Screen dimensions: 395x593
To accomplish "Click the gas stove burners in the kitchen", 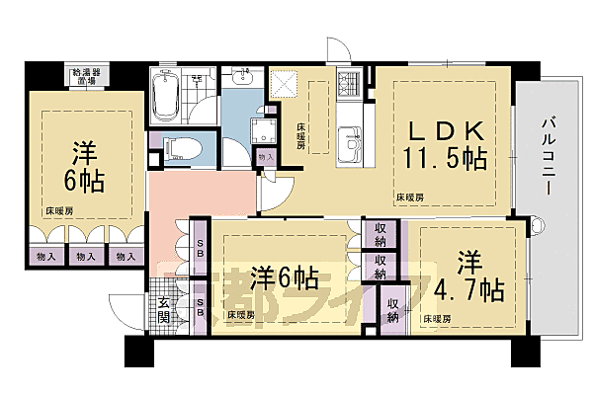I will coord(351,84).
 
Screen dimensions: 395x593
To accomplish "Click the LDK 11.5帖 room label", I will coord(443,143).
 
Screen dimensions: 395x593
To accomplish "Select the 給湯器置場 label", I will coord(85,77).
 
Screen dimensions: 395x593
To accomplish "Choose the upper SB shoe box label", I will coord(200,245).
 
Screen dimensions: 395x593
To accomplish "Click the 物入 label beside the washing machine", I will coord(264,156).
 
